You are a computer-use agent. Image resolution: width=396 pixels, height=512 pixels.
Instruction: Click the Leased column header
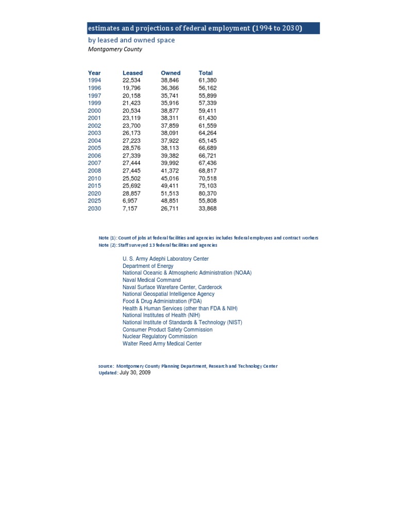(133, 73)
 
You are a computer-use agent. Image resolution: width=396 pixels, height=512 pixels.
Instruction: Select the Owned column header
(171, 73)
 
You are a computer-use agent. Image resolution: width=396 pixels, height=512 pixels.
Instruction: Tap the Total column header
(206, 73)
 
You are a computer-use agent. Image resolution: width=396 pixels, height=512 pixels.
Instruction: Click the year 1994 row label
(94, 80)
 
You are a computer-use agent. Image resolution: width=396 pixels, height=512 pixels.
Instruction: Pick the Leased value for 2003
(131, 133)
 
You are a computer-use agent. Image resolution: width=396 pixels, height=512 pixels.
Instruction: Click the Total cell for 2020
(208, 193)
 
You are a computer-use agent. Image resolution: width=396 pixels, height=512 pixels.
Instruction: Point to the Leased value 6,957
(130, 201)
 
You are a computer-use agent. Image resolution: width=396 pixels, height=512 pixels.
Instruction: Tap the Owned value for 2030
(170, 209)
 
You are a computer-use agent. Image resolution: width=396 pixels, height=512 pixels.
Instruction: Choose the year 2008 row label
(94, 170)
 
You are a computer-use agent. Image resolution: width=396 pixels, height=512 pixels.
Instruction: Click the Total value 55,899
(208, 95)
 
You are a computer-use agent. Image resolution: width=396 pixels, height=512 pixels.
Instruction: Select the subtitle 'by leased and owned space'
(131, 40)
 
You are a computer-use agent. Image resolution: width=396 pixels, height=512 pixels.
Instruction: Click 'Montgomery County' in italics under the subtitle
(114, 49)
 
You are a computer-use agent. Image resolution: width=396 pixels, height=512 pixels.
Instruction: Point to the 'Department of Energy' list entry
(148, 266)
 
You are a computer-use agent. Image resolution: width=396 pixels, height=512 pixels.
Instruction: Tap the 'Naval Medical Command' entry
(152, 280)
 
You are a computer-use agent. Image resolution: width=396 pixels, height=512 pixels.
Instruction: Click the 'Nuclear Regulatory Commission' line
(160, 336)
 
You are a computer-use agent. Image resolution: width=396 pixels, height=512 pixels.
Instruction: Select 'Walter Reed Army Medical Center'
(162, 344)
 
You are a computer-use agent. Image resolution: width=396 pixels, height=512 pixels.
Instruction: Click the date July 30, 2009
(135, 372)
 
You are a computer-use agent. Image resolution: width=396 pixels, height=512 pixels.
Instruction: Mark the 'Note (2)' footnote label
(107, 245)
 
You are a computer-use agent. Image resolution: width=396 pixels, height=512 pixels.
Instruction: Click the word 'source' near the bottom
(106, 366)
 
